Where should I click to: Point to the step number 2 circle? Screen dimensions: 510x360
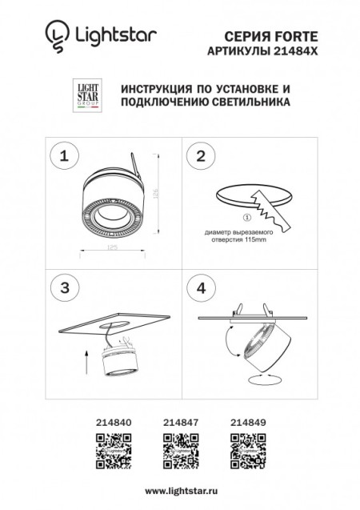(x=201, y=155)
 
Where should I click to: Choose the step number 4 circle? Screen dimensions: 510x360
(x=201, y=287)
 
